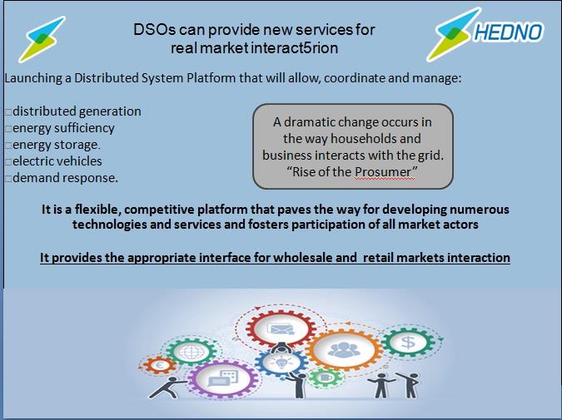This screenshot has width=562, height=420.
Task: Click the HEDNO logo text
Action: tap(509, 32)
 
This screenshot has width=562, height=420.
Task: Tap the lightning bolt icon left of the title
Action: tap(42, 39)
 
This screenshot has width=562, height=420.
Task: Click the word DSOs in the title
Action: tap(155, 30)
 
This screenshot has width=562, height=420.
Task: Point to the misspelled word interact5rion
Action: tap(294, 48)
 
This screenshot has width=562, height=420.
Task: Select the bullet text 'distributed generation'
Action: tap(77, 111)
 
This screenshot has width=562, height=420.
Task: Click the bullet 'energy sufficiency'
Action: tap(63, 128)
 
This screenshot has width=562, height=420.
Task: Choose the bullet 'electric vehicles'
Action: tap(57, 161)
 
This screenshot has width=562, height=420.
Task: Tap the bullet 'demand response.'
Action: tap(65, 178)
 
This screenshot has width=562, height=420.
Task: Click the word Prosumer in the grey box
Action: tap(383, 172)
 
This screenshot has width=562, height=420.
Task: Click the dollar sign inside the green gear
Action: tap(408, 343)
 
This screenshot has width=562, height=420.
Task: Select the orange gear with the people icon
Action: tap(343, 350)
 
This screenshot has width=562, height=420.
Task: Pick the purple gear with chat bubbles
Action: tap(223, 379)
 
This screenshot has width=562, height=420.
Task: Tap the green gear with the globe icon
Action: tap(191, 352)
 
